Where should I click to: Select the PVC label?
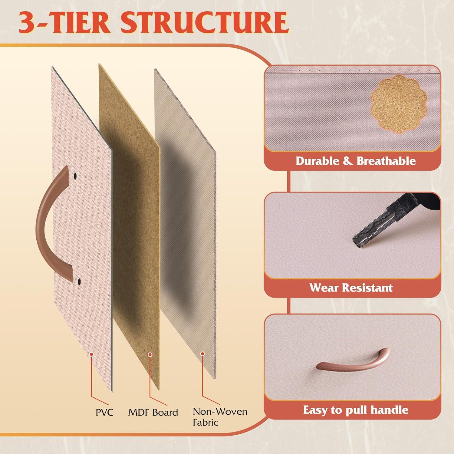104,412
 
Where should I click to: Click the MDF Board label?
153,412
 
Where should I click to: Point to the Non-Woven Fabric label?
220,417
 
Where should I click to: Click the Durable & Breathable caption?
356,161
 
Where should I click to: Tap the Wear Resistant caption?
351,288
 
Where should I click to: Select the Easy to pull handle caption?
356,410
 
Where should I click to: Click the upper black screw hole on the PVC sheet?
75,176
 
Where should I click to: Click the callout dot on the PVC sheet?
91,354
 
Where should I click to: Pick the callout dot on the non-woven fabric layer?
202,354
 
